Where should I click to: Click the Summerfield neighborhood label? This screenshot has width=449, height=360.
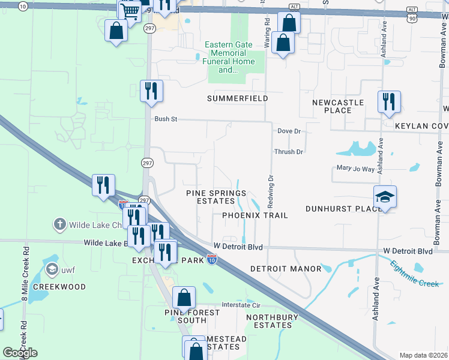point(237,98)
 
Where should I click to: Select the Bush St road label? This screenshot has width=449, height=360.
point(166,119)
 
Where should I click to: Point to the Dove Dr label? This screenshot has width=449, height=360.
point(289,131)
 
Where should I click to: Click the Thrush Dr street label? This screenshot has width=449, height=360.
point(289,152)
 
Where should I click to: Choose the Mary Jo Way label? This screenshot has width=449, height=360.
point(355,169)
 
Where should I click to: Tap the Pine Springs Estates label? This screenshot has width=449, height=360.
point(216,197)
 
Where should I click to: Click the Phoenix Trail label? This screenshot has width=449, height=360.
point(255,215)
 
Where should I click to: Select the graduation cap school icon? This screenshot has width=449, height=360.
point(385,197)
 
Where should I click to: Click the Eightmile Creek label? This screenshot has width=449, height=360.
point(415,274)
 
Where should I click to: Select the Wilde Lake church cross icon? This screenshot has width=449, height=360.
point(59,225)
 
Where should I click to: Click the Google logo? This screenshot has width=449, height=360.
point(20,352)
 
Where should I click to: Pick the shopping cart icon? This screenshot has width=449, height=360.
point(130,10)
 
